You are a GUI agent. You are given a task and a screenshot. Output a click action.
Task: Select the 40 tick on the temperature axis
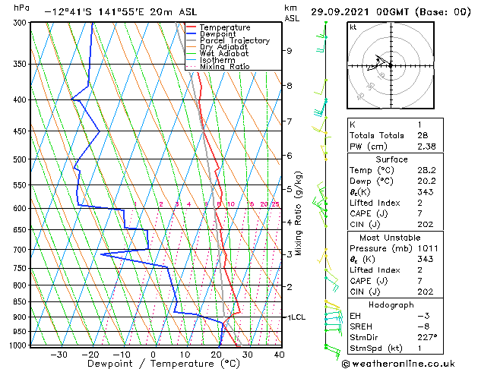pos(279,354)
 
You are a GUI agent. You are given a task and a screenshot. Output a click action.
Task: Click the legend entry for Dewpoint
pos(218,34)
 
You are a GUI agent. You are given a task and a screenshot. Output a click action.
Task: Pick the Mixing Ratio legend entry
pos(224,67)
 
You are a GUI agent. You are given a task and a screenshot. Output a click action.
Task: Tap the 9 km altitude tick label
pos(289,51)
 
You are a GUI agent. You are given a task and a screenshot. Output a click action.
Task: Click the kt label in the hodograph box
pos(353,27)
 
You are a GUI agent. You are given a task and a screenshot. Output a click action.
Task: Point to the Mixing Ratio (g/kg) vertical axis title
pos(299,213)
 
